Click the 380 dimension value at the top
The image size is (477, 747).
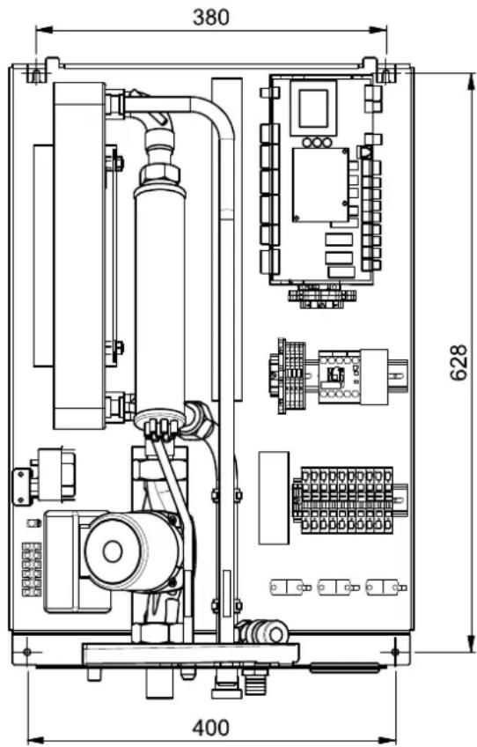point(211,18)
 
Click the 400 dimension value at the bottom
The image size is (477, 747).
point(211,729)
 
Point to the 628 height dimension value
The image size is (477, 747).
point(459,363)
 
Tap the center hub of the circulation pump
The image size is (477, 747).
point(113,551)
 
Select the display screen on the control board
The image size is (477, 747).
point(313,108)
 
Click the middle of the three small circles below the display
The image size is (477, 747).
point(316,142)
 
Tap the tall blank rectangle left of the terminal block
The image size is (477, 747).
point(274,498)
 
